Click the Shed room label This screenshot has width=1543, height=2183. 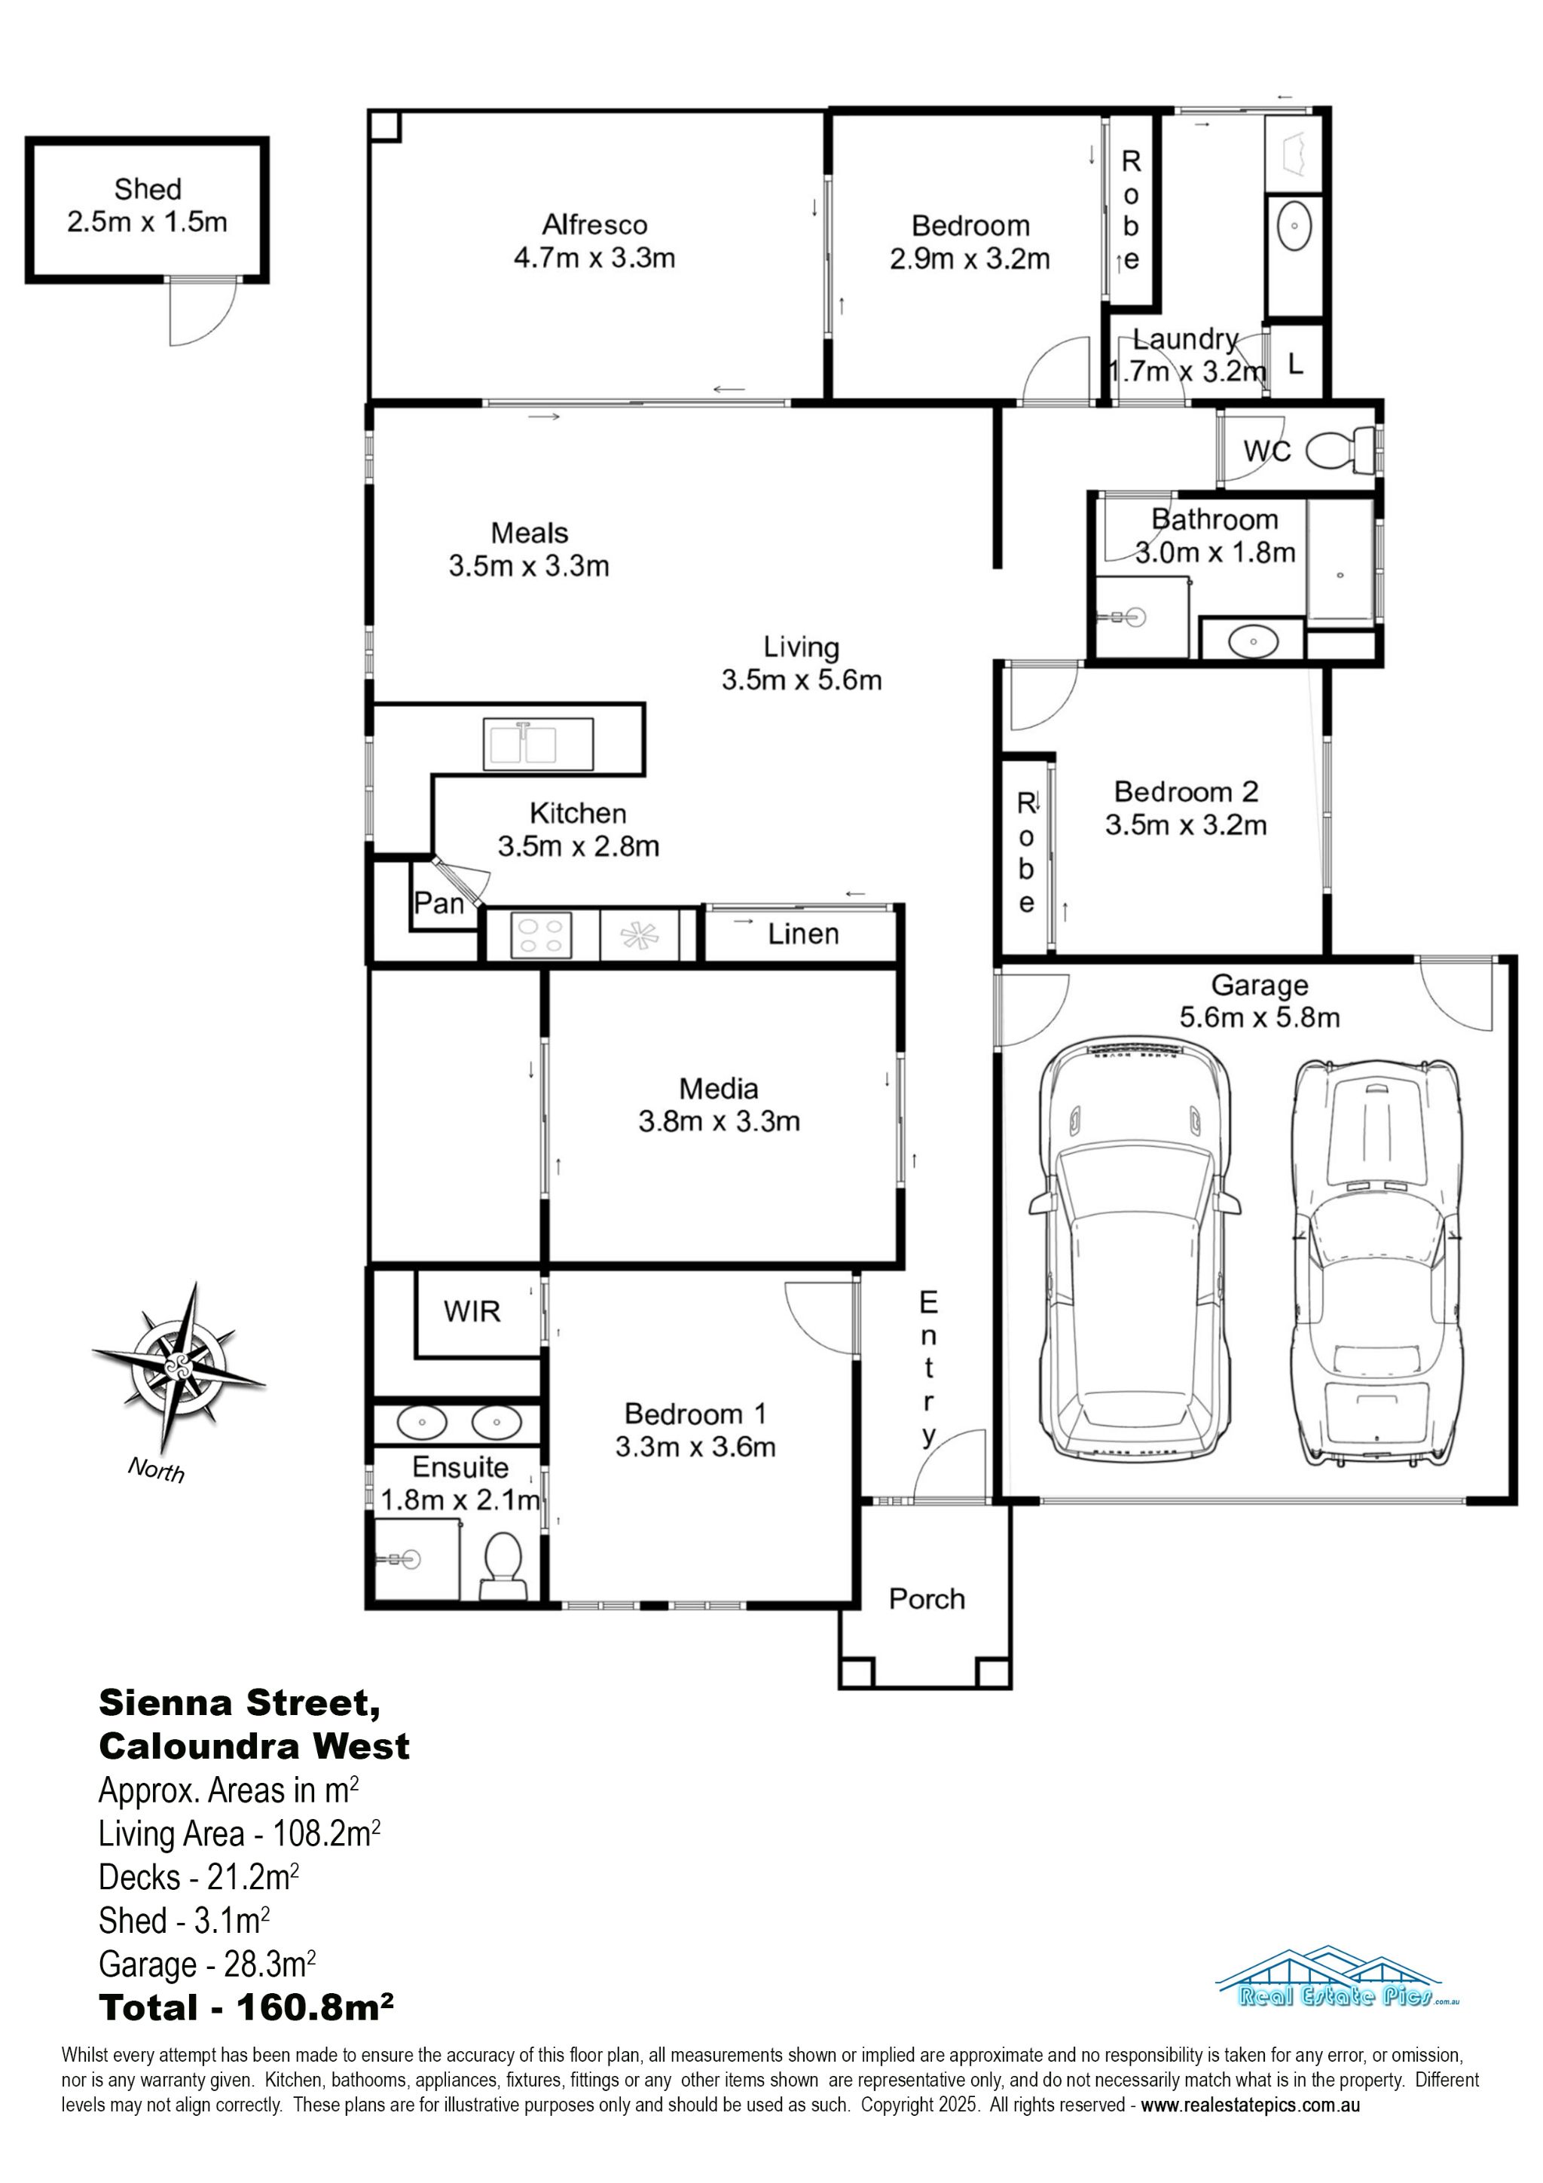[x=148, y=189]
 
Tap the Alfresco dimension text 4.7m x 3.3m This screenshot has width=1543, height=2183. [x=594, y=258]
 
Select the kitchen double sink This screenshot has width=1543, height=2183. [x=538, y=744]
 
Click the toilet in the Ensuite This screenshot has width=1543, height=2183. [x=503, y=1566]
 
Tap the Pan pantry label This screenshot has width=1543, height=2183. [x=438, y=903]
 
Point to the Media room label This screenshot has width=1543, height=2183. [x=719, y=1089]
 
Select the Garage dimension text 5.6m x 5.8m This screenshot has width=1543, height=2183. [x=1260, y=1017]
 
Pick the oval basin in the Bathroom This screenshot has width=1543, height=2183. [x=1253, y=642]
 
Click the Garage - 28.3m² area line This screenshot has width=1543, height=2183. [x=207, y=1964]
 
